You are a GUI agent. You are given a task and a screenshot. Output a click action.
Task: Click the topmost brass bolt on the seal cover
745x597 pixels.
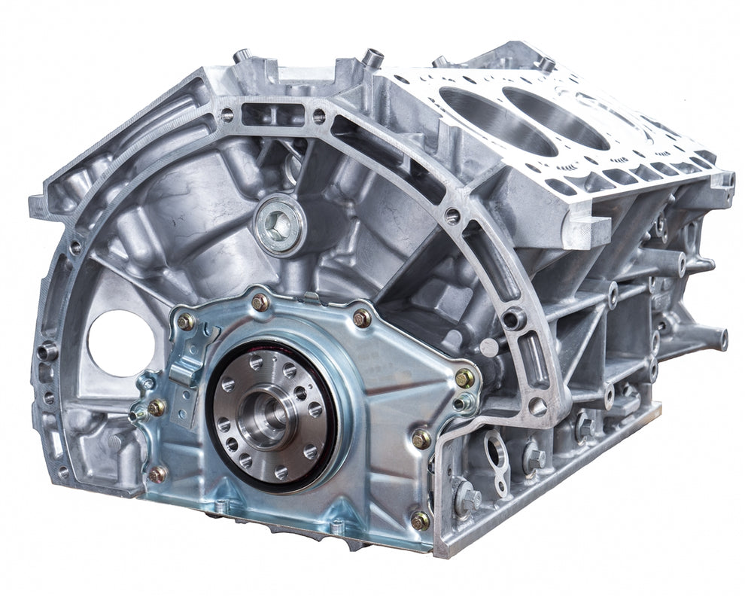click(260, 302)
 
